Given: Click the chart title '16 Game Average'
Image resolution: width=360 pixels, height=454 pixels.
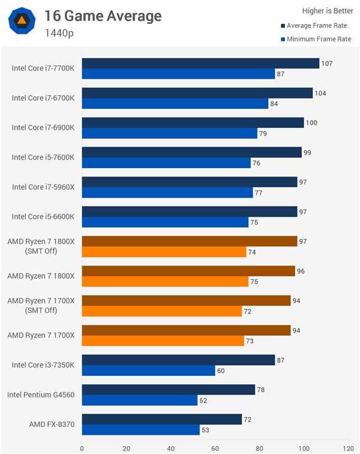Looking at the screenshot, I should [x=103, y=16].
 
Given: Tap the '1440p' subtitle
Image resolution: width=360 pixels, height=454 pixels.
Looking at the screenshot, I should [x=59, y=33].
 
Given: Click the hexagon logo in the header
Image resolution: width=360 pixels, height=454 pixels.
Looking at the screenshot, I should [x=21, y=21].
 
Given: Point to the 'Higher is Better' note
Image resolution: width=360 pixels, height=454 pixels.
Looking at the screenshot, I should [x=326, y=10].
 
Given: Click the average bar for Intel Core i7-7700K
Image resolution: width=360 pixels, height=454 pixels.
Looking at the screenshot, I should [x=200, y=63].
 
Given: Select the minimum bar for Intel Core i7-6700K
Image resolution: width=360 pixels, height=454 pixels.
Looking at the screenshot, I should [x=175, y=104].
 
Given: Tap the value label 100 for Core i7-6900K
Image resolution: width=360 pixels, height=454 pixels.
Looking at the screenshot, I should [x=312, y=123].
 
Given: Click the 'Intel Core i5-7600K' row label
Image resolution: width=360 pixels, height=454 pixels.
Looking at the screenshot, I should [x=43, y=157].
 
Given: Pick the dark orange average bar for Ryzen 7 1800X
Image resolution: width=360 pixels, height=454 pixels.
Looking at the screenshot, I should [x=188, y=271].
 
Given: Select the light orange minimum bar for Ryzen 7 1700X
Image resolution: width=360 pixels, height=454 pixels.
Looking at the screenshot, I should [x=163, y=341].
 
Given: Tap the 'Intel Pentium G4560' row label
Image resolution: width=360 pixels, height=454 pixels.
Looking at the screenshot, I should [x=41, y=395].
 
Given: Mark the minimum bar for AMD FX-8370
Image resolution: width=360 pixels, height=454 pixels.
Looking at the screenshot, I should [x=141, y=430].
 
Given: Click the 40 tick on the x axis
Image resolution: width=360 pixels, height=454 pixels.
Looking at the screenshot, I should [x=171, y=447].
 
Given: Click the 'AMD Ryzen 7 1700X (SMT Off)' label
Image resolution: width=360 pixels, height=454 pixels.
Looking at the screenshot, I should [x=41, y=305].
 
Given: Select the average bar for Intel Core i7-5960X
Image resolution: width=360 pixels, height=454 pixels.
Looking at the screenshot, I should [x=190, y=181].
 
